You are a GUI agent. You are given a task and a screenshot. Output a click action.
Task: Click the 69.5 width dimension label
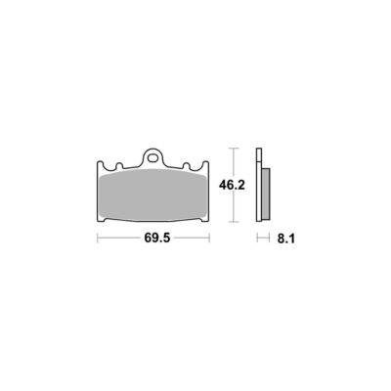coord(157,239)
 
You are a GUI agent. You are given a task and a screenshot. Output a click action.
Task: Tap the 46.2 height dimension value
coord(232,185)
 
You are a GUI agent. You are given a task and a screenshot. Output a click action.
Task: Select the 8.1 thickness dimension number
coord(286,239)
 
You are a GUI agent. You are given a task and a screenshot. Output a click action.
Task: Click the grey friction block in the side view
coord(266,194)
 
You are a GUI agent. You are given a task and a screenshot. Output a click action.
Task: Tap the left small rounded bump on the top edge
coord(119,166)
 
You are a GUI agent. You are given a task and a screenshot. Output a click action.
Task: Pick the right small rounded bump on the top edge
coord(187,166)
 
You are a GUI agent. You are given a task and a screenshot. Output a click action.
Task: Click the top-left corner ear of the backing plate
coord(101,164)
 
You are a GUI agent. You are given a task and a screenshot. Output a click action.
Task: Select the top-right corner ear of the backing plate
coord(205,164)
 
